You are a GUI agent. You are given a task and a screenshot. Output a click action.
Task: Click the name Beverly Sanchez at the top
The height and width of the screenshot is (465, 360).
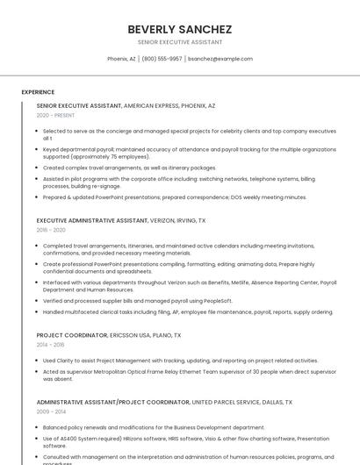[179, 29]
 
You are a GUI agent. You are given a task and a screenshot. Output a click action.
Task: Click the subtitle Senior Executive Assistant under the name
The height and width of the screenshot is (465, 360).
[179, 42]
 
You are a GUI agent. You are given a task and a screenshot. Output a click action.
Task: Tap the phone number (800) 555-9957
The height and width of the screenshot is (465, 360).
[162, 59]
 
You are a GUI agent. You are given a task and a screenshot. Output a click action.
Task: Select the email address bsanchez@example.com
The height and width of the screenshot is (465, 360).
[220, 59]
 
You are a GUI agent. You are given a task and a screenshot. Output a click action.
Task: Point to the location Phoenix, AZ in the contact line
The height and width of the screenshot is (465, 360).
[121, 59]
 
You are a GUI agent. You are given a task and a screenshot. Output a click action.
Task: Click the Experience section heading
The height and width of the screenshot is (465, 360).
[38, 91]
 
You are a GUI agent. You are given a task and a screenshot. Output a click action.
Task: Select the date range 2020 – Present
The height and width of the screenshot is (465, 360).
[55, 115]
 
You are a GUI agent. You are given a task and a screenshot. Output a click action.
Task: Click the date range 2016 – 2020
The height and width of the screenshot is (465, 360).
[51, 230]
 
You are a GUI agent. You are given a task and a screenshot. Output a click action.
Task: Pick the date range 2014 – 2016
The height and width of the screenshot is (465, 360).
[51, 345]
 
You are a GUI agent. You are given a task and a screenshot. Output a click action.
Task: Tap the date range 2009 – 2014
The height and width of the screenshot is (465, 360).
[51, 411]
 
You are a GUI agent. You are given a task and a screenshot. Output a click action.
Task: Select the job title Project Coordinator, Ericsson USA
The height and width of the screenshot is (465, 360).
[72, 335]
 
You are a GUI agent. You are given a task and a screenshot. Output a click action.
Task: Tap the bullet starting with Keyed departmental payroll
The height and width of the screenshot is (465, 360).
[189, 153]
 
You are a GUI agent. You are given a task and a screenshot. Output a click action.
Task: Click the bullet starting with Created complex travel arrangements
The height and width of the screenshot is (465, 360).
[129, 168]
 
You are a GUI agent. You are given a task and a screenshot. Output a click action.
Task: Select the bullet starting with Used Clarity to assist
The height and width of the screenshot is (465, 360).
[180, 361]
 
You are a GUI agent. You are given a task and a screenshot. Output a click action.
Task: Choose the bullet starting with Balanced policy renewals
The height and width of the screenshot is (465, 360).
[154, 427]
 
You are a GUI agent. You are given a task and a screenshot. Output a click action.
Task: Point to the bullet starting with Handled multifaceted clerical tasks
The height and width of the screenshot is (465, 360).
[188, 311]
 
